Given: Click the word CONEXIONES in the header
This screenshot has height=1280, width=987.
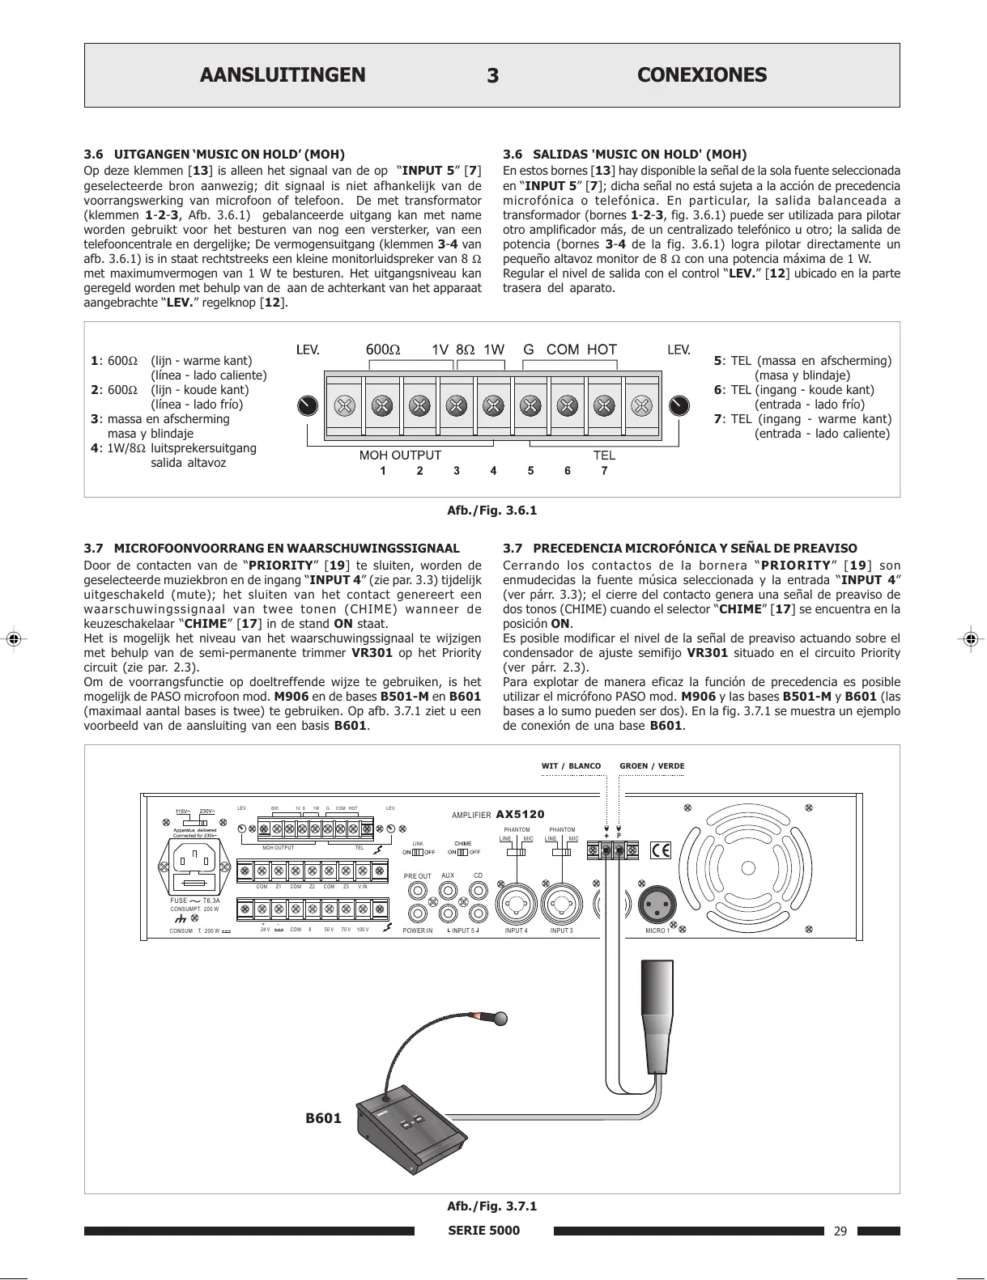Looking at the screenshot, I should (x=702, y=75).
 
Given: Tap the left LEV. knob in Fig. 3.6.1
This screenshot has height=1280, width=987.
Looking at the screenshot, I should (x=307, y=405).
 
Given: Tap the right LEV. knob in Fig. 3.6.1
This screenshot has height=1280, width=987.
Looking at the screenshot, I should (x=679, y=405).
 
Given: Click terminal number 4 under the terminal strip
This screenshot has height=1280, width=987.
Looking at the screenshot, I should (x=493, y=471).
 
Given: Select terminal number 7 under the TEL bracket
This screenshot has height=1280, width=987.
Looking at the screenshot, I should (x=604, y=471).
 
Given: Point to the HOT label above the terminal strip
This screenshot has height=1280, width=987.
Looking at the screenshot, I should (x=602, y=350).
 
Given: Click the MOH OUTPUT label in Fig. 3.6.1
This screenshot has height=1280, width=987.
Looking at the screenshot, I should (x=400, y=456).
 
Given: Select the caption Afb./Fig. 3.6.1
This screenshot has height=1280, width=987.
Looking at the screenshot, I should (x=492, y=511).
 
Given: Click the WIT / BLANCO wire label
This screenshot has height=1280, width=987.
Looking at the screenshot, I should (x=571, y=765).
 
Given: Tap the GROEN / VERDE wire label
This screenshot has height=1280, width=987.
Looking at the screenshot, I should (x=652, y=765).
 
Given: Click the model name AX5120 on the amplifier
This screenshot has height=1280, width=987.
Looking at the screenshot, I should (x=520, y=815).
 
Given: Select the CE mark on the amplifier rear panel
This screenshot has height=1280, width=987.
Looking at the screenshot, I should (x=661, y=850).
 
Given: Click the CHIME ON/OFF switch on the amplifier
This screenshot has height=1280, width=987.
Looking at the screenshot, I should (x=462, y=852).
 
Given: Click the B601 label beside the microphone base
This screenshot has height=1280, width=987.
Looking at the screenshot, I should (x=323, y=1118).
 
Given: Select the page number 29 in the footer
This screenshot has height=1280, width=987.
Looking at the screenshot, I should (x=840, y=1231).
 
